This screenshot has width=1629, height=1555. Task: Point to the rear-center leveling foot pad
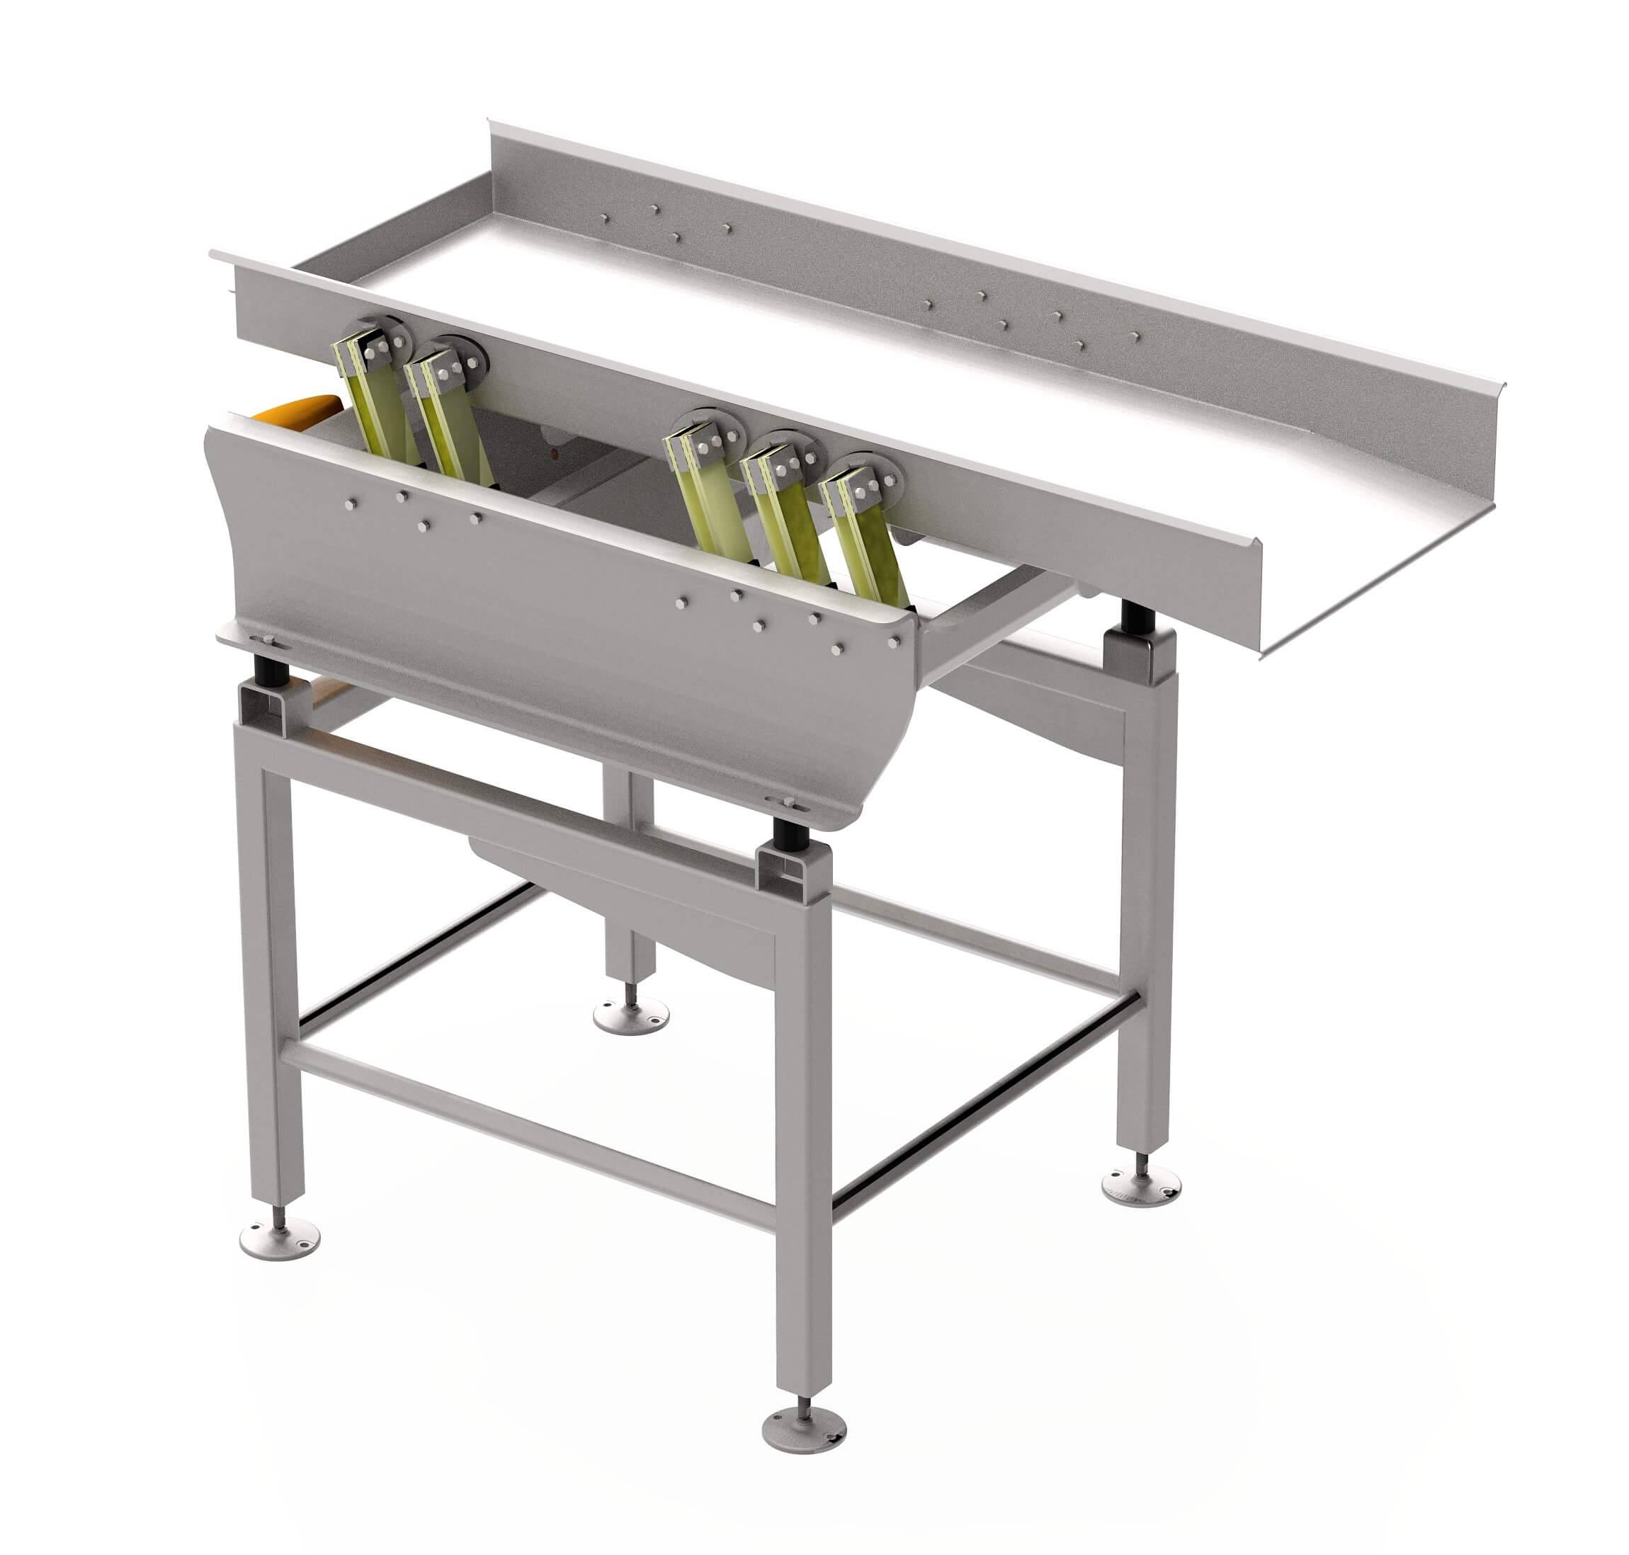(x=631, y=1015)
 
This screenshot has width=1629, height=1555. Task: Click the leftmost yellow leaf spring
(x=375, y=406)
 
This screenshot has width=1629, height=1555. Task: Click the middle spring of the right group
(x=792, y=522)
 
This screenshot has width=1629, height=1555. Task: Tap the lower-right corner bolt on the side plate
(x=894, y=642)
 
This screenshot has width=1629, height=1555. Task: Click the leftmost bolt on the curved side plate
(x=351, y=503)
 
